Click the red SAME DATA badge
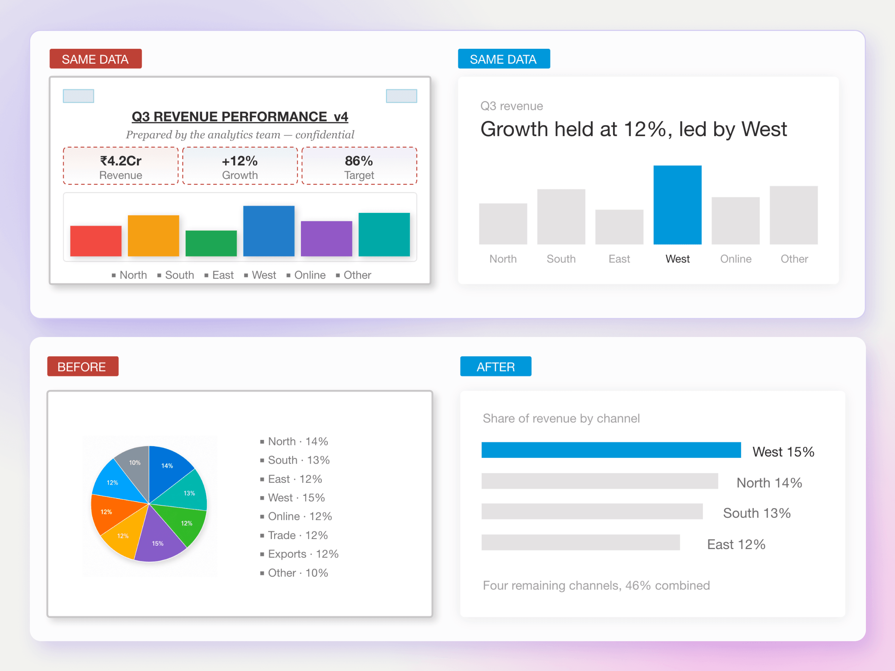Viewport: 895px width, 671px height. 95,59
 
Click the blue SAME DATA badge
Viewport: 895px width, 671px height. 504,59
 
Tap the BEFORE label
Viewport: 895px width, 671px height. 83,366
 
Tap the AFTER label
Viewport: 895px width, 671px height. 496,366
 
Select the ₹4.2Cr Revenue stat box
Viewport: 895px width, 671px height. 120,166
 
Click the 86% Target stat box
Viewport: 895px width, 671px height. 359,166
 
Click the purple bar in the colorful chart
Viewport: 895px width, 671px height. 327,239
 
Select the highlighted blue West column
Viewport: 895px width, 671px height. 677,205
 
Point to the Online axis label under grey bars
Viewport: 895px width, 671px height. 736,259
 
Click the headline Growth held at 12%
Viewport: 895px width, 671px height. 634,129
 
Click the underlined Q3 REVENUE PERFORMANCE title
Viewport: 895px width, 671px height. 240,116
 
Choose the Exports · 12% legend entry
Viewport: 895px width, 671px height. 299,554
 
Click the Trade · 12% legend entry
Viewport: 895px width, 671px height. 294,535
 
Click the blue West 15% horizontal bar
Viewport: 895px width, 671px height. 611,450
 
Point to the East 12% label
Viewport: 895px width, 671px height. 736,544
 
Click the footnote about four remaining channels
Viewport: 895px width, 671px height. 596,585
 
